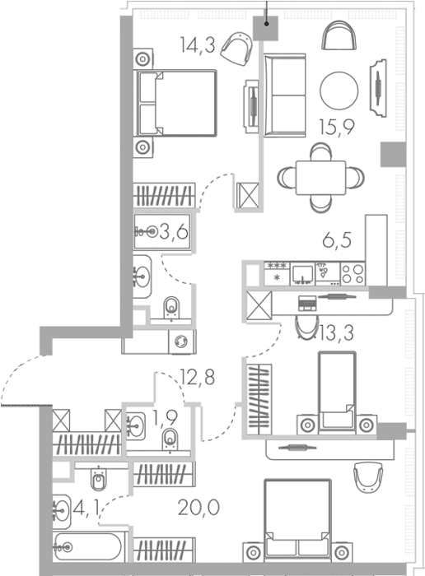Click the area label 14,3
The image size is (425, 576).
point(198,45)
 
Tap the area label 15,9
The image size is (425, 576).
point(337,127)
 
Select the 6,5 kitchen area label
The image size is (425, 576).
point(337,240)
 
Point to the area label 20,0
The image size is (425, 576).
point(198,508)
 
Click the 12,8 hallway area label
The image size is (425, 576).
point(198,377)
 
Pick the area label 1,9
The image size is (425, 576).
point(165,417)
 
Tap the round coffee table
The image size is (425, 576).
point(339,91)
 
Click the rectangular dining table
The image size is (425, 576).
point(320,178)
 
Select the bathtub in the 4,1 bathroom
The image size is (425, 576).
point(87,547)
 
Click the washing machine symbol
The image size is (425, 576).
point(181,341)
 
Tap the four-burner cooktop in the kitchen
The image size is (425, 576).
point(353,273)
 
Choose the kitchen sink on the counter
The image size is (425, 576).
point(302,274)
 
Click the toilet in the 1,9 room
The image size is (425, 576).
point(170,439)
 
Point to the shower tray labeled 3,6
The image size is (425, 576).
point(162,232)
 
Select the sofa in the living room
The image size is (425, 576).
point(284,95)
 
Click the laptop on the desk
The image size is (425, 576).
point(306,303)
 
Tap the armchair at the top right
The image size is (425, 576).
point(339,35)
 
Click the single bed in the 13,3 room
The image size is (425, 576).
point(337,391)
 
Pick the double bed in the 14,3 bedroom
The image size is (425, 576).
point(176,103)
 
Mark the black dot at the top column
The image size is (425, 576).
point(267,24)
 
